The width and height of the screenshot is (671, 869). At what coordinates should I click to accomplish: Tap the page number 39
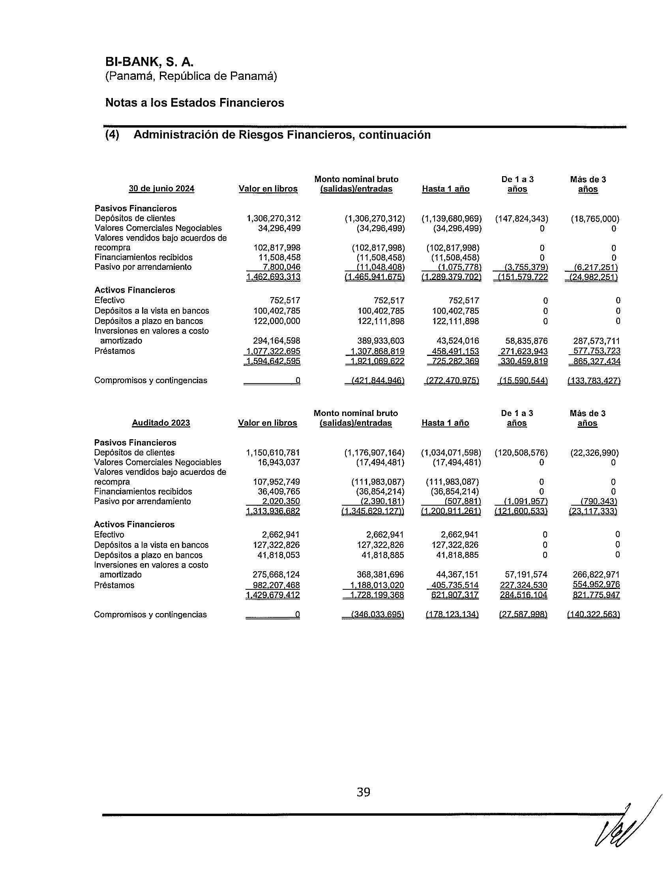point(363,793)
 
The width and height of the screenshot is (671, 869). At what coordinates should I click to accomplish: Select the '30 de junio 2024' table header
point(161,188)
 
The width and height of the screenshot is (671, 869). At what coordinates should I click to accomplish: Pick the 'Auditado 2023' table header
point(161,423)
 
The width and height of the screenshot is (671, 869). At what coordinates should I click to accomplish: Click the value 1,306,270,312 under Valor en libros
point(274,218)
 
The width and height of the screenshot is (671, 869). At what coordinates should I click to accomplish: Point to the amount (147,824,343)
point(521,218)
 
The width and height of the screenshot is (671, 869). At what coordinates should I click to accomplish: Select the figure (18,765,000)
point(595,218)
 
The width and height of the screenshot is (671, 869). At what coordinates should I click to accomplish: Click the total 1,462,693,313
point(274,277)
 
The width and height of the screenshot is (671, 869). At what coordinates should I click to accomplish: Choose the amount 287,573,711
point(596,341)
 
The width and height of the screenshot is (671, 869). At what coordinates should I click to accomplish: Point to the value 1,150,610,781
point(273,452)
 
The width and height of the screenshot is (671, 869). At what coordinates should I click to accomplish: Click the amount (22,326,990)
point(595,452)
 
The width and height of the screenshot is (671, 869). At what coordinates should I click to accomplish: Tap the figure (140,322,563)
point(594,614)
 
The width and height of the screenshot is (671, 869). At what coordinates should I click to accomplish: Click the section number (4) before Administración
point(112,135)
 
